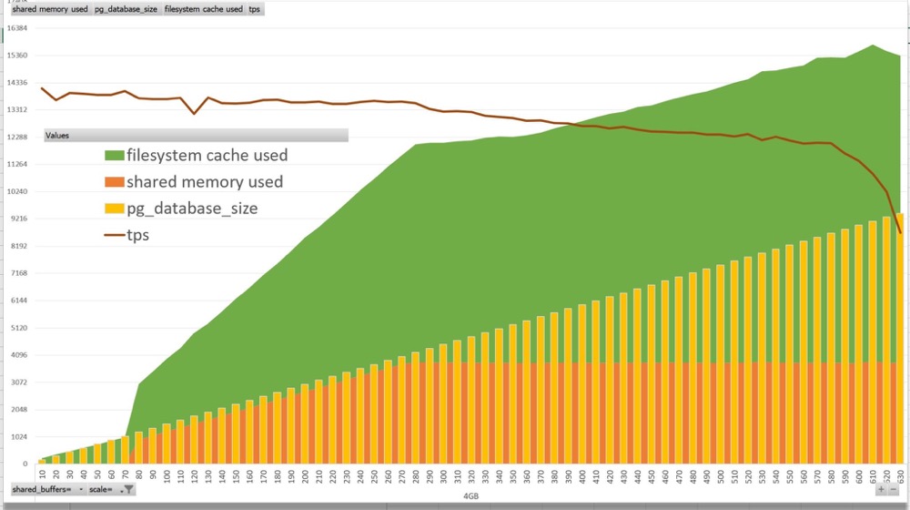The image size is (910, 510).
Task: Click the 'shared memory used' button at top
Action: (x=50, y=9)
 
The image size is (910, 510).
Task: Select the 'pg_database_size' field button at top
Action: (x=126, y=9)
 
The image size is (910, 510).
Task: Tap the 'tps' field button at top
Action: (x=255, y=9)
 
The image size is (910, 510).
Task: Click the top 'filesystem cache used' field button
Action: (x=203, y=9)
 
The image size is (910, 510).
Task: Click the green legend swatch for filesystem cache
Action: (x=114, y=156)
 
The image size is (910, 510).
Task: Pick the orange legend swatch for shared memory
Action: (x=114, y=182)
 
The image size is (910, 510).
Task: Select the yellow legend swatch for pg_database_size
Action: (x=114, y=209)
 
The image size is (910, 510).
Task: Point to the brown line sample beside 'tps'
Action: (x=114, y=235)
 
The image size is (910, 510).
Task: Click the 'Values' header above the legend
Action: (x=196, y=136)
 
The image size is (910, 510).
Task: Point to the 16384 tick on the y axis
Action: (x=19, y=28)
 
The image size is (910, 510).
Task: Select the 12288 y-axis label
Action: (x=19, y=137)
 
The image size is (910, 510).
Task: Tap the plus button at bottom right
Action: (x=881, y=490)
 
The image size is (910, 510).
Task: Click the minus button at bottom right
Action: (x=895, y=490)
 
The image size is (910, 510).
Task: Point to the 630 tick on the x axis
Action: (x=900, y=474)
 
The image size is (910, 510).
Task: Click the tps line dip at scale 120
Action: (x=194, y=113)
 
